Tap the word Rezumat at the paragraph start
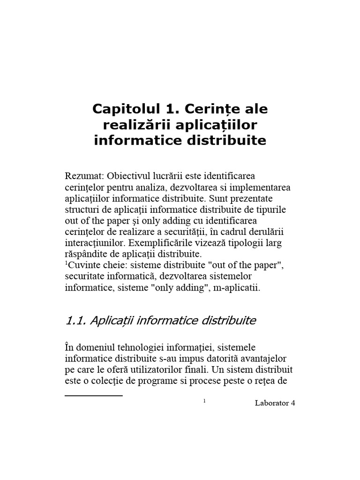point(84,177)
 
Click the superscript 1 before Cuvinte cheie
point(66,263)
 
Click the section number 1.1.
point(75,321)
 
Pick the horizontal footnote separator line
point(93,396)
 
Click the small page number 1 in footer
point(205,401)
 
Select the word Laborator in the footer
point(271,403)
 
